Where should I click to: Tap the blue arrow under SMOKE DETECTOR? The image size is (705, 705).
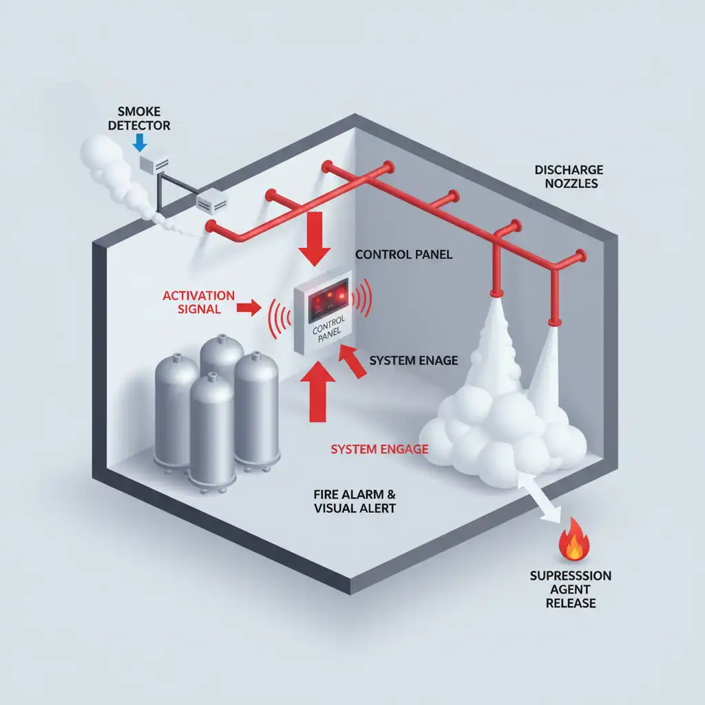click(x=140, y=142)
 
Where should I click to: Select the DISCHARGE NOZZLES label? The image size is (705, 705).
click(x=569, y=176)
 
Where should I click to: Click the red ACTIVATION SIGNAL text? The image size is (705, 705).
click(x=198, y=302)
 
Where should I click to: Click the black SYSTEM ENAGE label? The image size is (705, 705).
click(x=413, y=361)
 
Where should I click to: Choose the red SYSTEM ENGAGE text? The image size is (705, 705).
click(x=379, y=449)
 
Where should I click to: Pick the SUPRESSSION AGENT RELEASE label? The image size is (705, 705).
click(x=571, y=589)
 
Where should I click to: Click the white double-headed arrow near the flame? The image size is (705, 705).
click(x=540, y=503)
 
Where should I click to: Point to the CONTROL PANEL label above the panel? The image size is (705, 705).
click(x=403, y=255)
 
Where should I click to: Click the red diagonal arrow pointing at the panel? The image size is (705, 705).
click(x=355, y=362)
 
